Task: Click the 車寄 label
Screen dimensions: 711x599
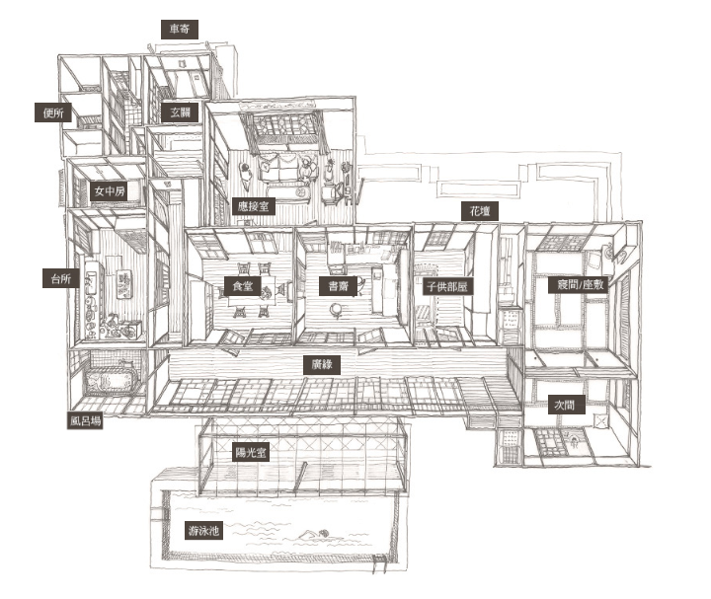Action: click(180, 29)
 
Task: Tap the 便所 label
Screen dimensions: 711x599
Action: click(53, 112)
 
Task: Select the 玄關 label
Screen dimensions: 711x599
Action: click(180, 112)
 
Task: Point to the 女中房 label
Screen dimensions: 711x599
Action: click(110, 191)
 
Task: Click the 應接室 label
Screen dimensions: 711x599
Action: click(253, 206)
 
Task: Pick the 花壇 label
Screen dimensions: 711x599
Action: click(480, 211)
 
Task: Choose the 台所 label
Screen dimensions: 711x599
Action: click(61, 278)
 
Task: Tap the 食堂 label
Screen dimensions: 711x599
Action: click(243, 286)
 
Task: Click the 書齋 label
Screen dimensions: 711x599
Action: click(338, 286)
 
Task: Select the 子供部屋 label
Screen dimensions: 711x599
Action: click(448, 286)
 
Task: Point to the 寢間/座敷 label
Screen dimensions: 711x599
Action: click(579, 284)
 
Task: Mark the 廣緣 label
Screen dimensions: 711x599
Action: click(322, 365)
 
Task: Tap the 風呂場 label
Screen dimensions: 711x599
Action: click(85, 420)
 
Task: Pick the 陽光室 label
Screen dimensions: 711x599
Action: click(251, 452)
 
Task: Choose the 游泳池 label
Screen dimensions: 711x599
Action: click(203, 531)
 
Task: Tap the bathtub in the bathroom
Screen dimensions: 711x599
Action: click(110, 379)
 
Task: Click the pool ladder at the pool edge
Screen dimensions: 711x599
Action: click(381, 563)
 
